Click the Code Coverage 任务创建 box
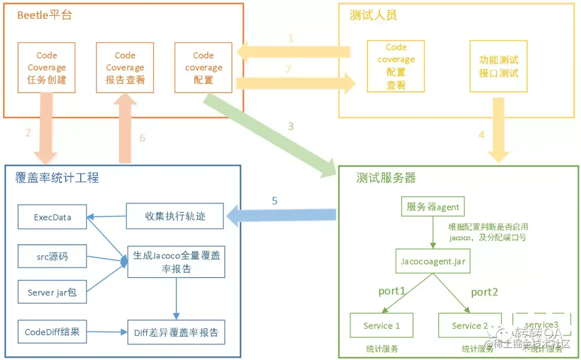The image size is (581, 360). [46, 67]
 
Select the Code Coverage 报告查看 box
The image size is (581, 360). [125, 67]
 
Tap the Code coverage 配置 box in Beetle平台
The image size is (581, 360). [203, 67]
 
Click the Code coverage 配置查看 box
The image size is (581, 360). [396, 66]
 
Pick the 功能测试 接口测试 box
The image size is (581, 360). [499, 66]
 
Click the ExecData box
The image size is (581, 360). [52, 217]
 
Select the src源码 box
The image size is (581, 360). [52, 257]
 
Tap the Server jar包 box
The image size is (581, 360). [52, 293]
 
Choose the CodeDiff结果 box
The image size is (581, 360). [52, 332]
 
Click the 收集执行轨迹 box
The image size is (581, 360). [175, 216]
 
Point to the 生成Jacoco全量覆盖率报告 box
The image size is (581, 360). [176, 262]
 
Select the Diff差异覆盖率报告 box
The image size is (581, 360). [176, 333]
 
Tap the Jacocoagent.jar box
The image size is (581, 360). [433, 261]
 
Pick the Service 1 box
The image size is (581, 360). [381, 326]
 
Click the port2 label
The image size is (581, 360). [484, 292]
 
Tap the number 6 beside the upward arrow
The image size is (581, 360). [142, 138]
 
